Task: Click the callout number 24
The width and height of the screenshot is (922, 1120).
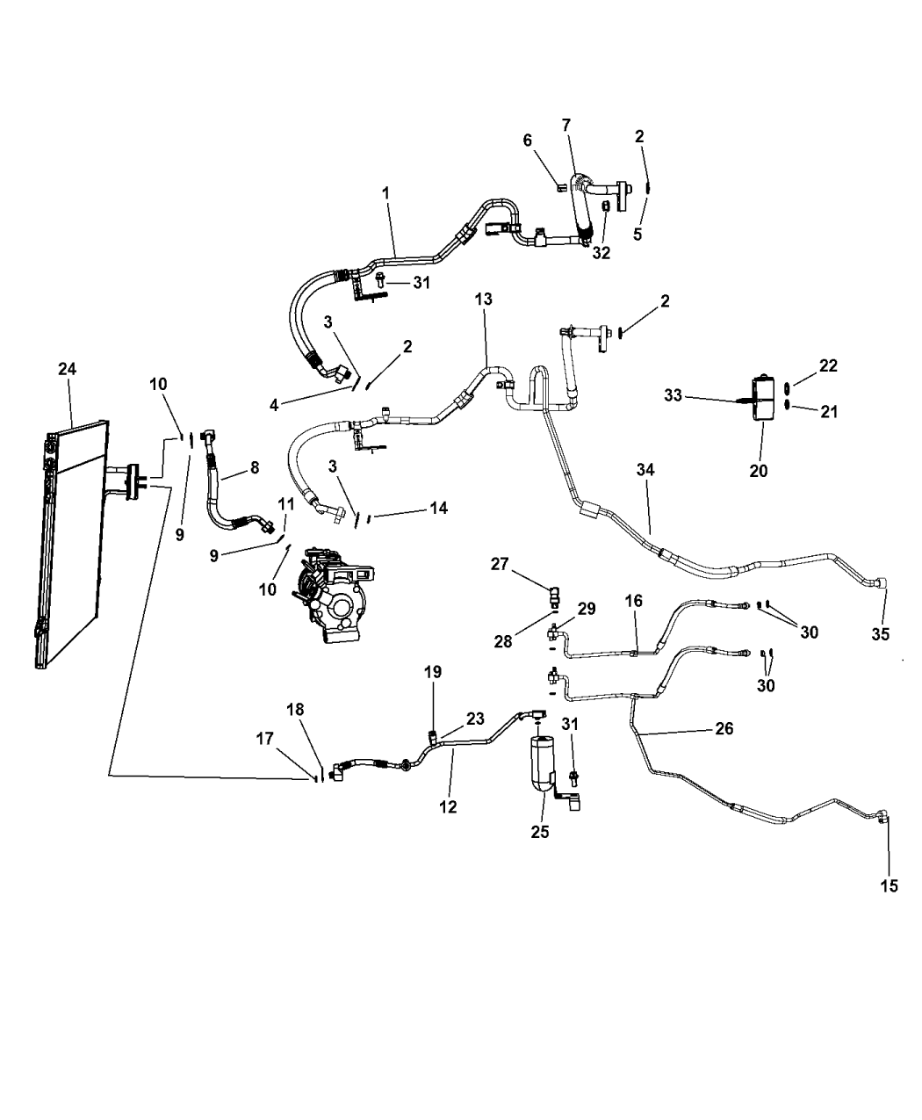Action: click(x=67, y=369)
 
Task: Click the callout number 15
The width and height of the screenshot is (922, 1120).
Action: click(x=889, y=885)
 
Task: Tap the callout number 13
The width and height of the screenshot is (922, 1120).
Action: click(x=485, y=300)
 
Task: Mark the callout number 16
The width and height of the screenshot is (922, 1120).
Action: click(x=633, y=601)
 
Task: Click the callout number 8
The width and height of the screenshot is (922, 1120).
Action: click(x=255, y=467)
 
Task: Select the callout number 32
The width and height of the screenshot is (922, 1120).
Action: click(x=601, y=252)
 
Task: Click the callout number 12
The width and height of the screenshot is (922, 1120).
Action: click(x=448, y=806)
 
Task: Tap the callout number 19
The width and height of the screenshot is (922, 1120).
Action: click(x=433, y=672)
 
